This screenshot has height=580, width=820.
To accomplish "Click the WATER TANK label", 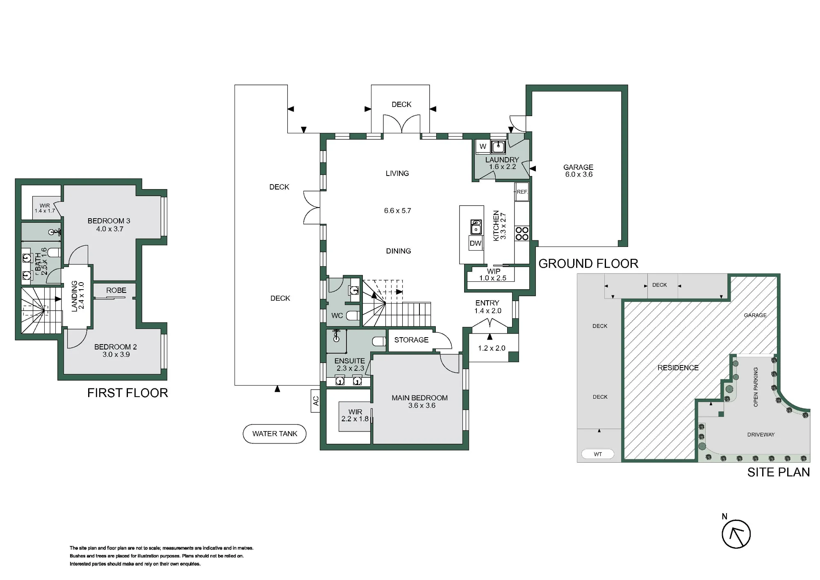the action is click(275, 434).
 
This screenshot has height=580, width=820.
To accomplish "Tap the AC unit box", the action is click(315, 401).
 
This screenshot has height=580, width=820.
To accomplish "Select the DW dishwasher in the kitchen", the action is click(476, 243).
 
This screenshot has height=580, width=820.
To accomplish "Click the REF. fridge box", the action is click(522, 192).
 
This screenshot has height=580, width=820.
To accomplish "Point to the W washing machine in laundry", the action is click(483, 146).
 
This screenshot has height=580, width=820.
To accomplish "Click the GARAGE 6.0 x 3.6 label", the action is click(579, 171).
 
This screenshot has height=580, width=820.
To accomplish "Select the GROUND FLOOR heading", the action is click(588, 263).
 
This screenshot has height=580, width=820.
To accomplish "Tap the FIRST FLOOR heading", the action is click(128, 393).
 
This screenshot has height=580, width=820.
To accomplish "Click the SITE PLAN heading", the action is click(779, 472).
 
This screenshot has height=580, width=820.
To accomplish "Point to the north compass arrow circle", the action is click(736, 534).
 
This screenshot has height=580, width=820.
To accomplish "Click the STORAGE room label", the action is click(411, 340).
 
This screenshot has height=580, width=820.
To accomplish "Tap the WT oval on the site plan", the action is click(598, 454).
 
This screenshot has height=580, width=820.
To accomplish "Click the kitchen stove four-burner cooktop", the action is click(522, 234).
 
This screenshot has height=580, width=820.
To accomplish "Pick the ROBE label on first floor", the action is click(116, 290).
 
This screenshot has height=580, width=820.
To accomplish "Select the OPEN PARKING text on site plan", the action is click(756, 387).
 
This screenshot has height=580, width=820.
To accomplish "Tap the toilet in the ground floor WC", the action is click(353, 315).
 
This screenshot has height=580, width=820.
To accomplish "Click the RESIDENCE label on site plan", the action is click(678, 368).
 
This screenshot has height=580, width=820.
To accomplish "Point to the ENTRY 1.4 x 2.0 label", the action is click(487, 307).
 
